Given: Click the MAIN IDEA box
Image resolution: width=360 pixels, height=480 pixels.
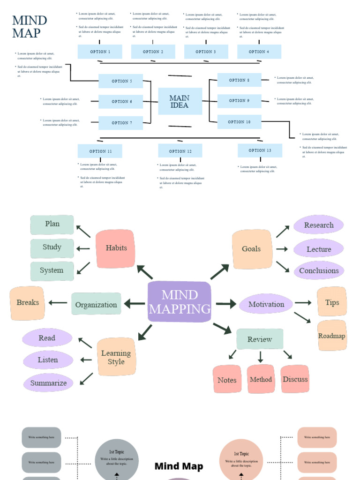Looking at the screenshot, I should [x=180, y=101].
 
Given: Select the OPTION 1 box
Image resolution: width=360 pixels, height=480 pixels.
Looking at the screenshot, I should [x=100, y=52].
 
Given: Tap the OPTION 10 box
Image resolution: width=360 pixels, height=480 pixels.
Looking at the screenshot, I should [x=239, y=122].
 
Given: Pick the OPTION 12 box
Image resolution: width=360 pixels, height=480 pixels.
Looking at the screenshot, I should [x=180, y=151].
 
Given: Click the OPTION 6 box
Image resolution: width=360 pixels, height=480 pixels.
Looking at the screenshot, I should [x=120, y=102].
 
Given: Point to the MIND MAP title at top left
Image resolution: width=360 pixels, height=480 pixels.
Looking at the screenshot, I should [x=30, y=27].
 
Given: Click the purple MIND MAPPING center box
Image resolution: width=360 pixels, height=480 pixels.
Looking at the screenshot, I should [x=180, y=302].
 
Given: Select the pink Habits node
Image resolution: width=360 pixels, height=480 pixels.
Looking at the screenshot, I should [x=116, y=248].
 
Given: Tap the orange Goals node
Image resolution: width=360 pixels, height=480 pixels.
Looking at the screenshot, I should [x=252, y=249].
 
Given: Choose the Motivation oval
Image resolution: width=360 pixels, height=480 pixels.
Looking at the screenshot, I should [x=266, y=304].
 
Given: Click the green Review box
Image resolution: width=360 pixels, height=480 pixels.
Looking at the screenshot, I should [x=260, y=339].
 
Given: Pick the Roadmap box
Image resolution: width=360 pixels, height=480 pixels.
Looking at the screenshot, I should [x=332, y=336].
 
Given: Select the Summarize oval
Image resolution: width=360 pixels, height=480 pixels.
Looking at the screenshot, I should [x=48, y=383].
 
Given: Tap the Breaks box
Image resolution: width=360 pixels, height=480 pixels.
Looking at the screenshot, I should [x=27, y=303].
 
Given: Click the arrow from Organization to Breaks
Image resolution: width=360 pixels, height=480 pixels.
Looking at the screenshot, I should [x=58, y=303].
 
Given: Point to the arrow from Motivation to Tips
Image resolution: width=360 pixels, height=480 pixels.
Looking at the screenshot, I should [x=303, y=303].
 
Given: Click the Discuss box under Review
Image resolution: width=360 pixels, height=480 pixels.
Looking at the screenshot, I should [x=295, y=379].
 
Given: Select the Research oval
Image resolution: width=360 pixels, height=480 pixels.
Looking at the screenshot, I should [x=319, y=225].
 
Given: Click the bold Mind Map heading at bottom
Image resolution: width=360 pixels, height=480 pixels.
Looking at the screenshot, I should [x=179, y=466].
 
